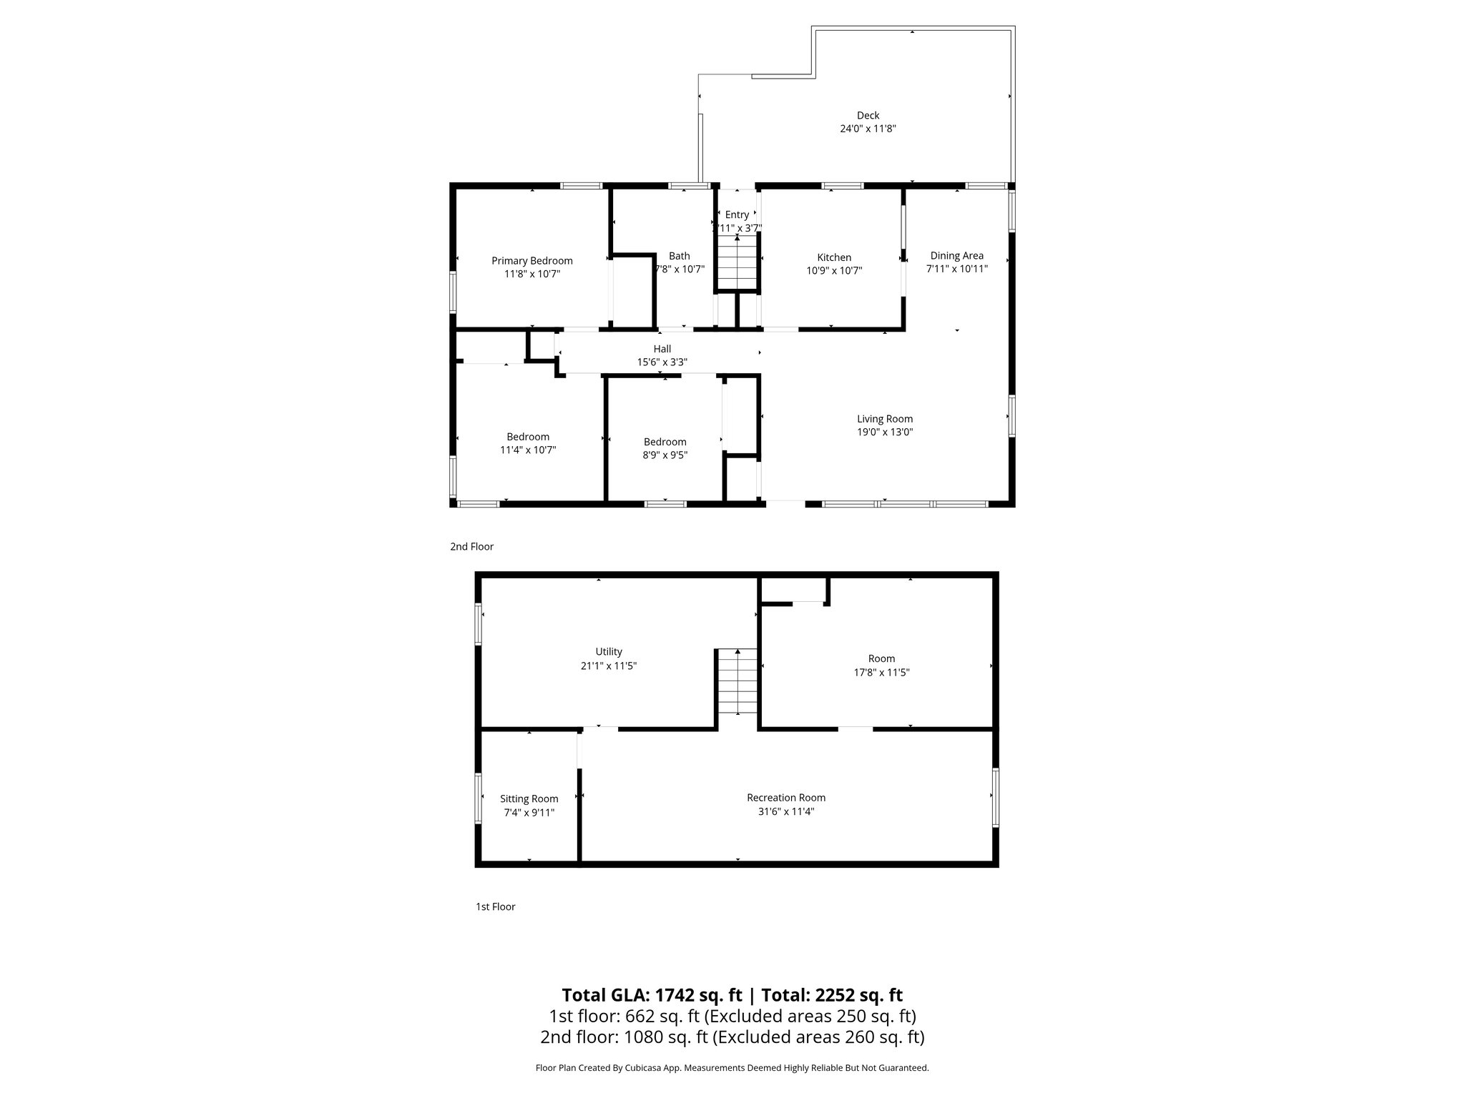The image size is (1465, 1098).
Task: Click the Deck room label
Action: (x=868, y=116)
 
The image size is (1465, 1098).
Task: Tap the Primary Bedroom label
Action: (x=531, y=261)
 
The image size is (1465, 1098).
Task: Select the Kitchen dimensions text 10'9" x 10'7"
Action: (x=834, y=271)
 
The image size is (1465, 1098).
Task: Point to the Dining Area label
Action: (x=956, y=256)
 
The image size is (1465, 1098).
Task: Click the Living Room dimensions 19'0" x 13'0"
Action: (x=885, y=432)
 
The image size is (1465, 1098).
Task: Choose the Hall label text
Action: (x=662, y=349)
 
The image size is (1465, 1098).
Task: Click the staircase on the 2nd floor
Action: (x=737, y=262)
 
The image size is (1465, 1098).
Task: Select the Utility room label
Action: (x=609, y=652)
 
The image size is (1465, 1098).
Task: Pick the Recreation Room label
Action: (x=785, y=798)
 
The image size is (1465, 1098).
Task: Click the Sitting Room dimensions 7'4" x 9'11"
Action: (x=529, y=813)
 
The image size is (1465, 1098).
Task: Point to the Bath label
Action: (x=679, y=256)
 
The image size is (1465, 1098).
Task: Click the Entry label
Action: (x=737, y=214)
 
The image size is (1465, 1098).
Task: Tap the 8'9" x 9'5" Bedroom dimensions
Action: (x=665, y=455)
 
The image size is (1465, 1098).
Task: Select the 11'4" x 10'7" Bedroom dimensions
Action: (x=528, y=450)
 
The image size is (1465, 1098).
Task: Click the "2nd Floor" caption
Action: (x=471, y=547)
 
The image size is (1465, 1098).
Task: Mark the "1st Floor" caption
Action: (x=495, y=906)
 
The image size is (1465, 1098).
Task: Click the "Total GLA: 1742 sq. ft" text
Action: (x=652, y=995)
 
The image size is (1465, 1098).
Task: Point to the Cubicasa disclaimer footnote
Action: (x=732, y=1068)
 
